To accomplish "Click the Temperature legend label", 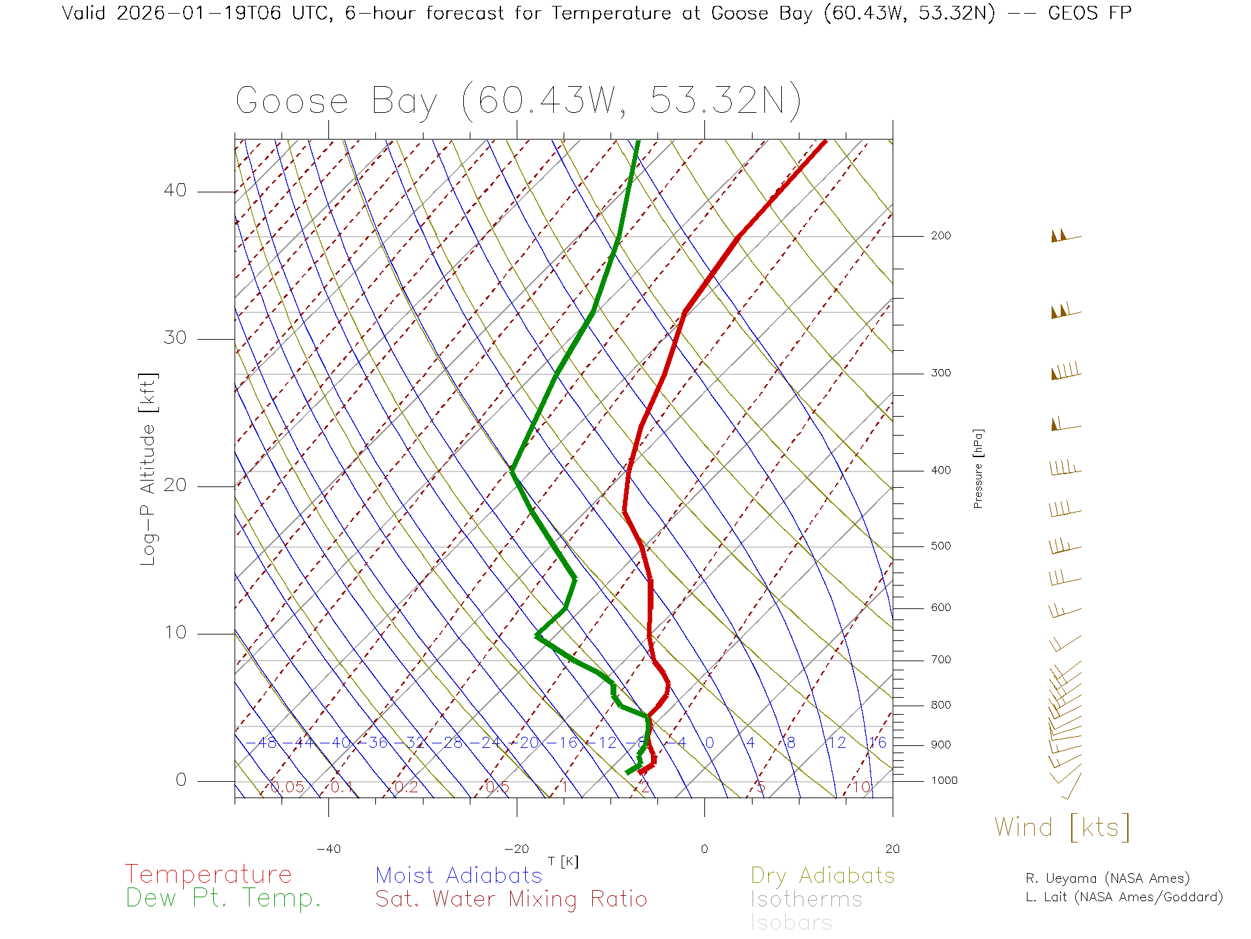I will [208, 874].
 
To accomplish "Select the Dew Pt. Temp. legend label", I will [223, 898].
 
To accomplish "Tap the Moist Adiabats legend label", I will [459, 875].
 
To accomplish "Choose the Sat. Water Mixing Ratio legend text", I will [511, 899].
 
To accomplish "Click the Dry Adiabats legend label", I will [822, 875].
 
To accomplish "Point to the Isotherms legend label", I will [806, 899].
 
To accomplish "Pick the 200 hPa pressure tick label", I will [940, 236].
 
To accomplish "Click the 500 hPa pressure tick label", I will [940, 546].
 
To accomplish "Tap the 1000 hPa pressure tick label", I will [944, 781].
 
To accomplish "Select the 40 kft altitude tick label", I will [175, 190].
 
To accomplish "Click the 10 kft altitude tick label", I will [175, 633].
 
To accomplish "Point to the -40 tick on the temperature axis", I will [328, 849].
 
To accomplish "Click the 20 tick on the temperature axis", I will [892, 849].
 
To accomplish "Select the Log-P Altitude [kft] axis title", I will [149, 469].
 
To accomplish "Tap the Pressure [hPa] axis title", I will [978, 468].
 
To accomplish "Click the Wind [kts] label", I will [1062, 827].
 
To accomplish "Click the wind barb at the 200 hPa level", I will [1065, 235].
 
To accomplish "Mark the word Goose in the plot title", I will [292, 102].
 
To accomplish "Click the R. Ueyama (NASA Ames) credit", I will [1108, 878].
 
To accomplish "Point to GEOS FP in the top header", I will [1089, 13].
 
